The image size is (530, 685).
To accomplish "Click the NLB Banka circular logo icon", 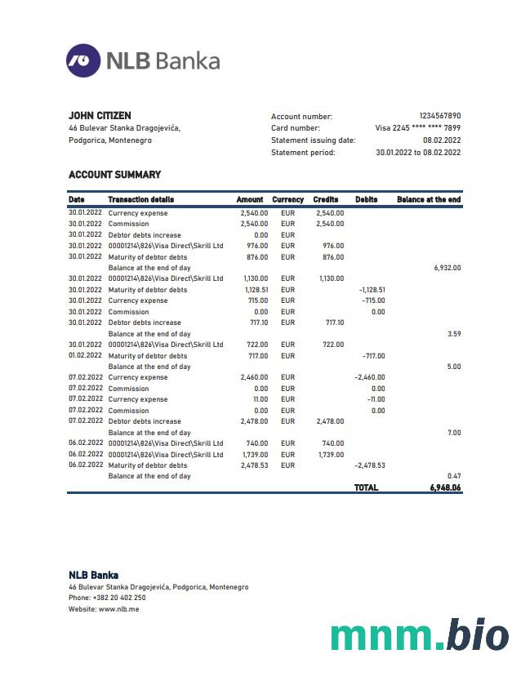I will (x=82, y=60).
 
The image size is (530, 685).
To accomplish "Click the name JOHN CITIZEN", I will (x=100, y=116).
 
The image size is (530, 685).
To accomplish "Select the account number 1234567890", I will (x=439, y=117).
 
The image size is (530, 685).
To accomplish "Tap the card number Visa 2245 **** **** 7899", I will (x=417, y=128).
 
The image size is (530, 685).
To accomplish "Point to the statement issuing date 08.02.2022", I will (x=441, y=140).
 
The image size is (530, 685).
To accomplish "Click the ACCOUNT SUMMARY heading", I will (x=114, y=175).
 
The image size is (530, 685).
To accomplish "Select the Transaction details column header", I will (x=140, y=200).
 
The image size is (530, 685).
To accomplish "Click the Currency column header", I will (x=287, y=200).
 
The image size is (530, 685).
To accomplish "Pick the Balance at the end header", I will (x=429, y=200).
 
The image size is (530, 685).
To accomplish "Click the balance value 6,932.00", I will (x=447, y=268).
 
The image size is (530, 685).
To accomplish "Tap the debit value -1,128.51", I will (x=372, y=290).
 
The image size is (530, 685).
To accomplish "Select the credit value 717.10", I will (x=335, y=322).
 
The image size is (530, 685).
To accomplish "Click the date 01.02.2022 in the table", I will (x=85, y=356).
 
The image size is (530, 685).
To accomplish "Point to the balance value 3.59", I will (x=454, y=334).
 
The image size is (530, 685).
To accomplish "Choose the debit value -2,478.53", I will (x=370, y=465).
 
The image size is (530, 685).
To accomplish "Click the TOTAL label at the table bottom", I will (x=366, y=487).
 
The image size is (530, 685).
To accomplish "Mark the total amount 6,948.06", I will (x=445, y=487).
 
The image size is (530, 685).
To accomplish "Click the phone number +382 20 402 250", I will (x=119, y=598).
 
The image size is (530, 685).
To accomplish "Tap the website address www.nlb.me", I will (x=118, y=609).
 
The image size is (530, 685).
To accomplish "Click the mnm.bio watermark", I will (x=419, y=635).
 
